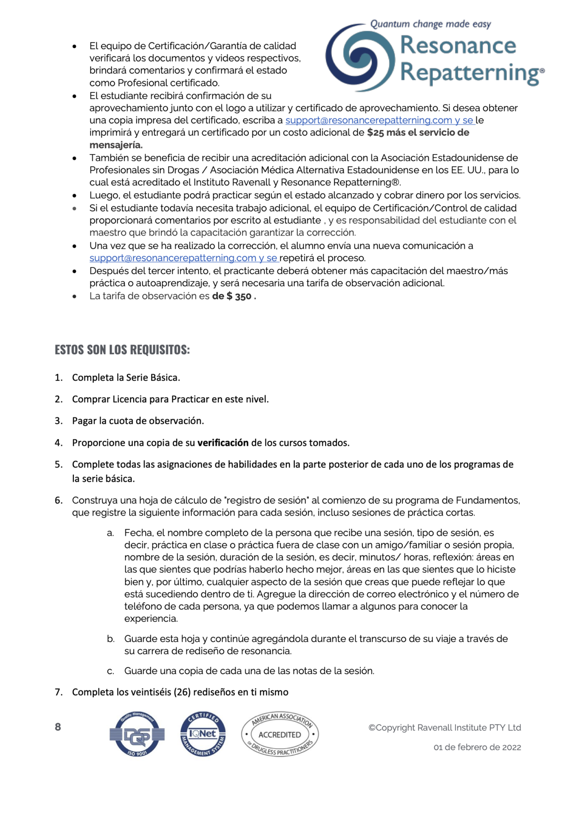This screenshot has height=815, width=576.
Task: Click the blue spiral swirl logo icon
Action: click(x=360, y=58)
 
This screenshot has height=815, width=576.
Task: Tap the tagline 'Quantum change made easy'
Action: click(x=430, y=24)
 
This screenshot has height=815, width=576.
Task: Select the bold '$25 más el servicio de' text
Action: click(x=418, y=133)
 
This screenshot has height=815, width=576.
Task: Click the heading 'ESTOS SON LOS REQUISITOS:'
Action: click(x=122, y=350)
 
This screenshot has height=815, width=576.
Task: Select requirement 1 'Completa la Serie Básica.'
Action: click(x=126, y=378)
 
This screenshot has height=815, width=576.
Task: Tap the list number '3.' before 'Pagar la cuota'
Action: click(x=58, y=421)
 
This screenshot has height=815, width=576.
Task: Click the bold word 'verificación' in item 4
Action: click(x=223, y=443)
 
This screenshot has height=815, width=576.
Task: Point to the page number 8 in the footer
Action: click(x=58, y=727)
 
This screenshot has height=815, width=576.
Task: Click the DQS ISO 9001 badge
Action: click(x=137, y=734)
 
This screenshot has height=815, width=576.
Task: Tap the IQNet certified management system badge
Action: click(x=203, y=734)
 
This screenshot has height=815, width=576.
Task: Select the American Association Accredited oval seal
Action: click(x=280, y=734)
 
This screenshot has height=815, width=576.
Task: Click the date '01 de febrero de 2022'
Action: click(x=477, y=747)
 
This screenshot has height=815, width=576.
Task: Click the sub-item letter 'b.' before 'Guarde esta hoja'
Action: click(x=111, y=639)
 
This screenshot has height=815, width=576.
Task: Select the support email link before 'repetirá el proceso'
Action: click(x=173, y=258)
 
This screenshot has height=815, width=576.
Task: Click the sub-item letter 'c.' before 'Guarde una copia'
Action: click(x=111, y=671)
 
